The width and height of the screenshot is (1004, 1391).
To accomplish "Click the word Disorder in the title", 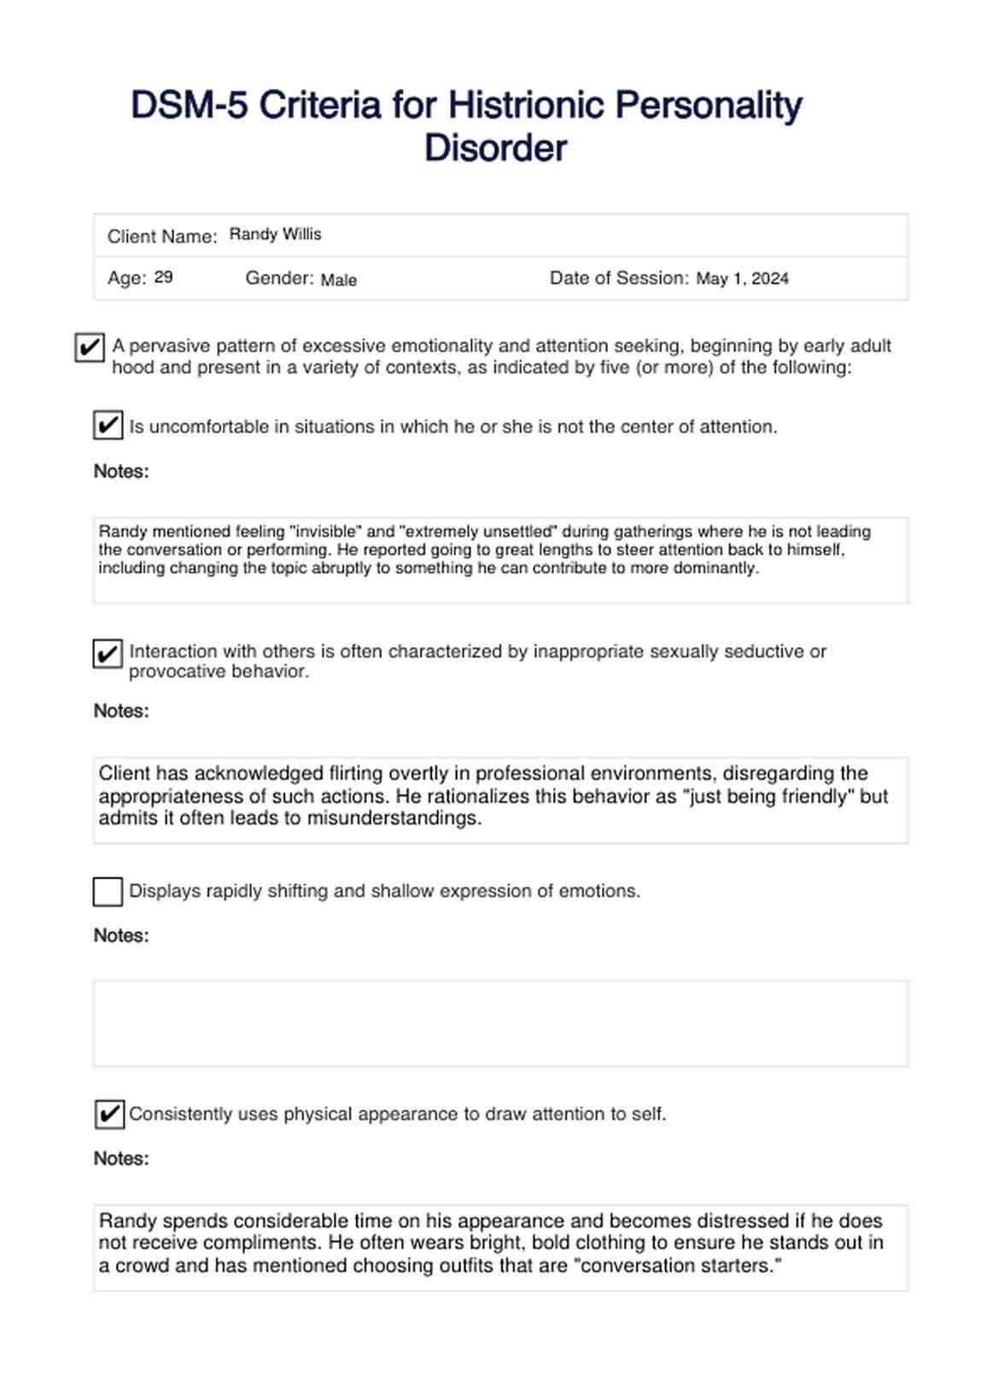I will click(x=495, y=148).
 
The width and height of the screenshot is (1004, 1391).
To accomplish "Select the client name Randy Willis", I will click(x=275, y=235).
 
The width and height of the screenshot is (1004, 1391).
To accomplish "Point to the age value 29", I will click(x=163, y=277).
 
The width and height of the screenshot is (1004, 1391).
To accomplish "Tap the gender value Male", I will click(x=338, y=280).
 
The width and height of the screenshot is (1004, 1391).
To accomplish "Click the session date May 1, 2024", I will click(x=742, y=279).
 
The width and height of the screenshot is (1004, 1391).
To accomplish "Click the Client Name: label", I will click(x=162, y=237).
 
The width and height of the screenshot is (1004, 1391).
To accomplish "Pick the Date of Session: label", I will click(x=619, y=278).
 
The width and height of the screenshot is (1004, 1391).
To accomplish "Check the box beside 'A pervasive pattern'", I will click(x=90, y=347).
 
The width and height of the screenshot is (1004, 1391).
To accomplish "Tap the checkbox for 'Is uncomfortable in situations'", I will click(x=108, y=425).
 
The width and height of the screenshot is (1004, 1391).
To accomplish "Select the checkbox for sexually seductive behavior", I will click(x=108, y=655).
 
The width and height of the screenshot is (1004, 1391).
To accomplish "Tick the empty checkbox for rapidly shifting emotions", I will click(x=108, y=892).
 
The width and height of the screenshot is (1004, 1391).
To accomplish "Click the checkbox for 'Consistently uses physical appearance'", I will click(x=109, y=1115).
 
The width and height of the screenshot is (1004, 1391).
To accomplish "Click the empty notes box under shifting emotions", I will click(x=500, y=1023).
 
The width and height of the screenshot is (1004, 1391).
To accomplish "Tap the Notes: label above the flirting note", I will click(x=121, y=712).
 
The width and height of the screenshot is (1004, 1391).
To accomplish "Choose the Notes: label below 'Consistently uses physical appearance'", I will click(x=121, y=1159).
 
